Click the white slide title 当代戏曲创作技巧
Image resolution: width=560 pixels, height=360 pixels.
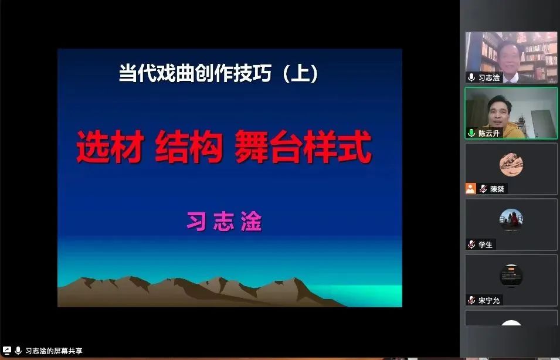coord(195,73)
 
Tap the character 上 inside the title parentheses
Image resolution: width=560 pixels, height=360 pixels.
coord(300,73)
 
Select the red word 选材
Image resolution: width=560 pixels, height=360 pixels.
coord(110,147)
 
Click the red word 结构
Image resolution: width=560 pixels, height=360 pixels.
coord(189,147)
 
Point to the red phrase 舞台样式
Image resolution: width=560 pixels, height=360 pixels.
coord(303,147)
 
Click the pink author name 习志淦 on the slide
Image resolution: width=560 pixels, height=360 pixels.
coord(224,222)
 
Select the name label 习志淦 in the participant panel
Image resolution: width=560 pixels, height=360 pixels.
coord(489,77)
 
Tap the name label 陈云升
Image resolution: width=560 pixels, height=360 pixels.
coord(489,133)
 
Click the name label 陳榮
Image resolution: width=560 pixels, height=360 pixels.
coord(497,189)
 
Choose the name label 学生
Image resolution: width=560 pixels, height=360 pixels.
coord(486,244)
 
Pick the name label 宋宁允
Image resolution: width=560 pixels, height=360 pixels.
coord(489,300)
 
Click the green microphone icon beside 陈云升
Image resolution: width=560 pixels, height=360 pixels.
coord(471,133)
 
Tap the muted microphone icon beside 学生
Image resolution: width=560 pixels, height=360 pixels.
coord(471,244)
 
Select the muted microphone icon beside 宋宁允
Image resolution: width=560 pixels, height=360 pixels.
coord(471,300)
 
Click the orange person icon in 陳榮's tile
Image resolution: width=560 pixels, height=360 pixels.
coord(471,189)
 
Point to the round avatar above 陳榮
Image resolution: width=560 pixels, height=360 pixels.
coord(511,165)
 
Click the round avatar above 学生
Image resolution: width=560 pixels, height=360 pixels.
coord(511,220)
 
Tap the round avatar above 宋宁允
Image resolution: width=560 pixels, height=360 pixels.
coord(511,276)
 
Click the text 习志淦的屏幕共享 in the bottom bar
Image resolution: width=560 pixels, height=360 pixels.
coord(54,351)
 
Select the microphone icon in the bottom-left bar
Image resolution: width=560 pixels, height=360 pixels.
coord(18,351)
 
